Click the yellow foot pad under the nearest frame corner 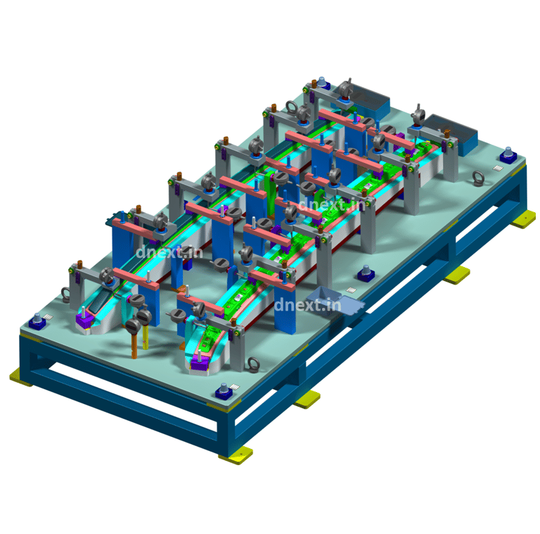click(236, 455)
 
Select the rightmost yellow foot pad click(523, 219)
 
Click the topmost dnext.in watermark click(331, 204)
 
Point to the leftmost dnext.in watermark click(169, 252)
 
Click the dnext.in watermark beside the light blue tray click(307, 305)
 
